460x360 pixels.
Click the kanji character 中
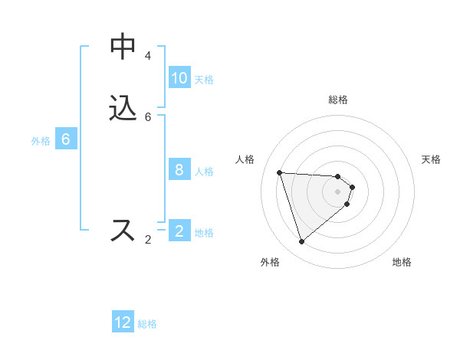[x=123, y=47]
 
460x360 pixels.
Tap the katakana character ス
[x=123, y=230]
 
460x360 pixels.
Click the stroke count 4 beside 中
[x=148, y=56]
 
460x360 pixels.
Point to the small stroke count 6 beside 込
[x=148, y=117]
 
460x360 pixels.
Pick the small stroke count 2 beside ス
[x=148, y=240]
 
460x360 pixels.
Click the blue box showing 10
[x=179, y=78]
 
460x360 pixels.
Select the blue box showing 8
[x=179, y=170]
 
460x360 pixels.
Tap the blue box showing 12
[x=123, y=322]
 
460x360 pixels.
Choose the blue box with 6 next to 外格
[x=66, y=139]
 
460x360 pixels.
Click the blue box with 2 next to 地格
[x=179, y=231]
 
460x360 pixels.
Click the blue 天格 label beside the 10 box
[x=204, y=80]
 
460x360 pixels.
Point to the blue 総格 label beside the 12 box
[x=147, y=324]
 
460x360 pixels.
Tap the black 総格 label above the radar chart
[x=338, y=100]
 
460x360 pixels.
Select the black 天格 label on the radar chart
[x=431, y=159]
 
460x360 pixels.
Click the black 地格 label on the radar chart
[x=402, y=262]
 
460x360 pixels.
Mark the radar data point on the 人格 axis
[x=280, y=172]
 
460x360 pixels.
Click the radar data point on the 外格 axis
[x=301, y=242]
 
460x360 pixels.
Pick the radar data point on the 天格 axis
[x=352, y=187]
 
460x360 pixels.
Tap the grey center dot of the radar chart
[x=337, y=202]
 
